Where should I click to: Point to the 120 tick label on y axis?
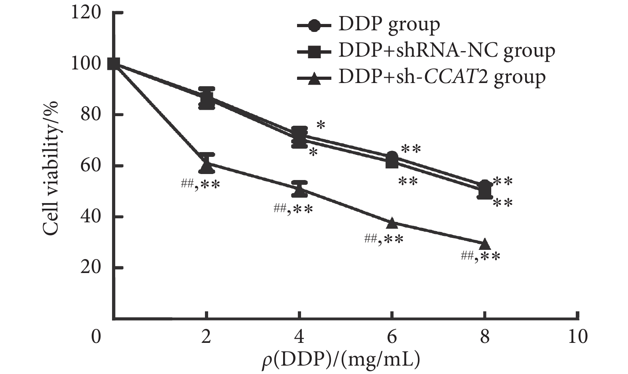(x=86, y=13)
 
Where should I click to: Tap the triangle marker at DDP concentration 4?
(x=299, y=191)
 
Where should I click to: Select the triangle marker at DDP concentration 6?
(x=392, y=223)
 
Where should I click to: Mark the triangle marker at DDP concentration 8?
(x=484, y=243)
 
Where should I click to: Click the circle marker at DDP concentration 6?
(x=392, y=157)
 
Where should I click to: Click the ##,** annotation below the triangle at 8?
(x=480, y=256)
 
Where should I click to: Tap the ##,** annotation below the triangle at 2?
(x=200, y=184)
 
